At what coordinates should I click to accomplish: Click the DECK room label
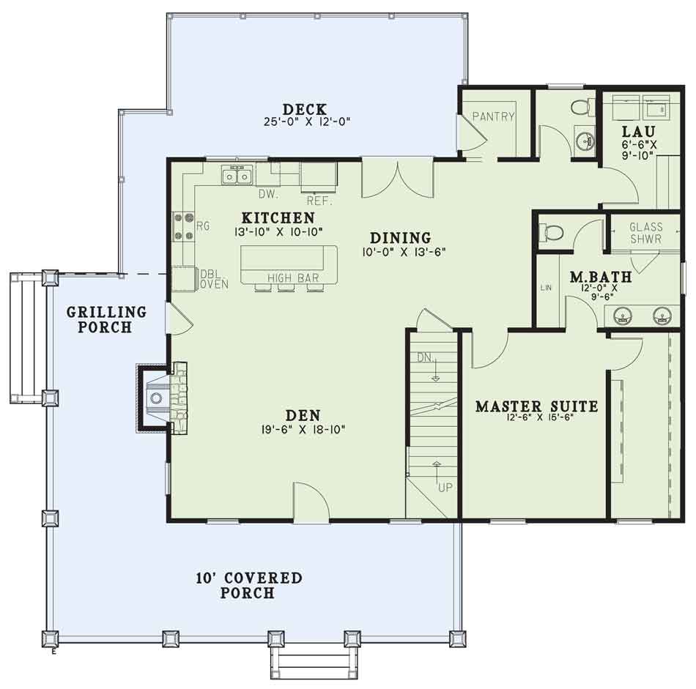(305, 109)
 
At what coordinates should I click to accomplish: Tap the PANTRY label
(493, 116)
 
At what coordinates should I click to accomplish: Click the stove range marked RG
(183, 227)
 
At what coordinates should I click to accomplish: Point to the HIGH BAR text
(293, 278)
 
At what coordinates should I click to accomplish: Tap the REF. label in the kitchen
(320, 201)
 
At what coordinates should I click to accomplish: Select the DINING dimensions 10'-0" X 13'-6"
(404, 252)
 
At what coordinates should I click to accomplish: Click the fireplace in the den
(162, 398)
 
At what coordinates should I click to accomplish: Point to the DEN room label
(303, 415)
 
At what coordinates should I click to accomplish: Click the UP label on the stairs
(445, 488)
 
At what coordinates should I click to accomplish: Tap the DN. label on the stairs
(425, 357)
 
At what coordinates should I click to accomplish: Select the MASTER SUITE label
(536, 406)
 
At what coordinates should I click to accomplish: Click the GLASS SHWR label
(646, 233)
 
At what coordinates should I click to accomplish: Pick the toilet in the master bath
(550, 232)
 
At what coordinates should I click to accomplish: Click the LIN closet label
(546, 288)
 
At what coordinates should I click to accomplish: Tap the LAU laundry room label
(638, 131)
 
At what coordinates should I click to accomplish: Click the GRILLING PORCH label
(106, 319)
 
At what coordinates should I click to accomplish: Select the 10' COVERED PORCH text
(249, 585)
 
